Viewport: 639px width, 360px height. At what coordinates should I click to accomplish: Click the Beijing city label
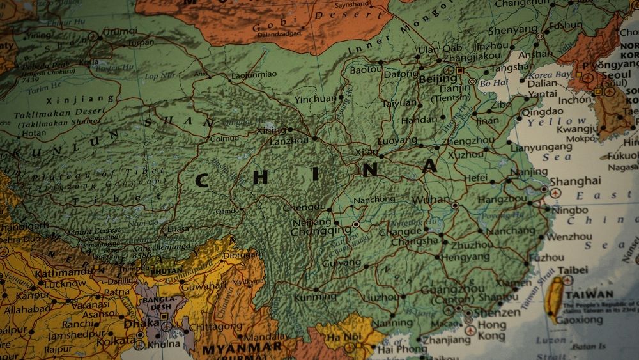(x=438, y=79)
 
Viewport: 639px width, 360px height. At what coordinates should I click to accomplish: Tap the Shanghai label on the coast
(x=575, y=181)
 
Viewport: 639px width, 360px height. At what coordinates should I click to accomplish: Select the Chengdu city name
(x=304, y=207)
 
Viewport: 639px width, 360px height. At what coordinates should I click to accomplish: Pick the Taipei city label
(x=576, y=270)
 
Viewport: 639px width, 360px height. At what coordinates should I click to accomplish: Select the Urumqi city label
(x=119, y=31)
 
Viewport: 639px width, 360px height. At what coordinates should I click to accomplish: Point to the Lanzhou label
(x=289, y=141)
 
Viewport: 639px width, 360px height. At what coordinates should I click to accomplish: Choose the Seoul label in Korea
(x=617, y=75)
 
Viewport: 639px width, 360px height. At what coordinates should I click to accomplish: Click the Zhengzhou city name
(x=468, y=141)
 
